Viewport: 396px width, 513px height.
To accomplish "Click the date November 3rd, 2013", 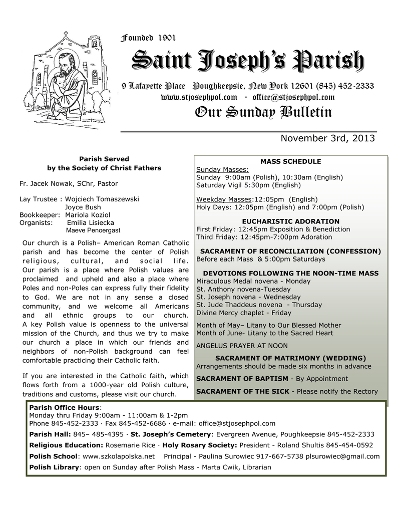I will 327,138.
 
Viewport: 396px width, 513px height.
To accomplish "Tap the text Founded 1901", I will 149,38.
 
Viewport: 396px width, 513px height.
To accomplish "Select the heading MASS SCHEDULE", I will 290,161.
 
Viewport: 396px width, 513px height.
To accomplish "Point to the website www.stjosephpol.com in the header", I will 199,97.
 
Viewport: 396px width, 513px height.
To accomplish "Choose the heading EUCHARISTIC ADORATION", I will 290,221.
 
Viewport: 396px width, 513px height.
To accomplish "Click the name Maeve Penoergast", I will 93,230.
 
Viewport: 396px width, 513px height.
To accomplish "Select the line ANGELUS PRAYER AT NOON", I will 235,345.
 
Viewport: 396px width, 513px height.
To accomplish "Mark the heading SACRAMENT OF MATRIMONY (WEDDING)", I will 290,358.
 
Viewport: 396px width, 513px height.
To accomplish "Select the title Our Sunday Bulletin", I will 263,112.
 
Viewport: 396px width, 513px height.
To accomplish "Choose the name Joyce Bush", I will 83,207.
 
